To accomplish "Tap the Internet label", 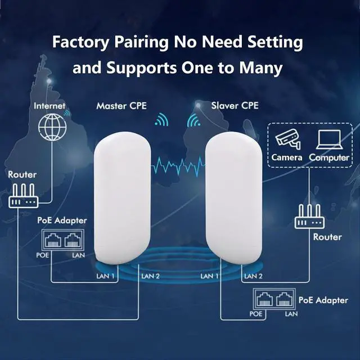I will [x=49, y=105].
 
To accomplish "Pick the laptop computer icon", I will [x=329, y=139].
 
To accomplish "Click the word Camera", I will [x=287, y=157].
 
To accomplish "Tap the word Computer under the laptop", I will [x=329, y=157].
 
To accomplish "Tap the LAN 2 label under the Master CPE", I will [x=151, y=276].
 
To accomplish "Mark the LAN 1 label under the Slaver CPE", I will [x=210, y=276].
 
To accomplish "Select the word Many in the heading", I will [x=262, y=69].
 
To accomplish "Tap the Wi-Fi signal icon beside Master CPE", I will [x=162, y=119].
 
